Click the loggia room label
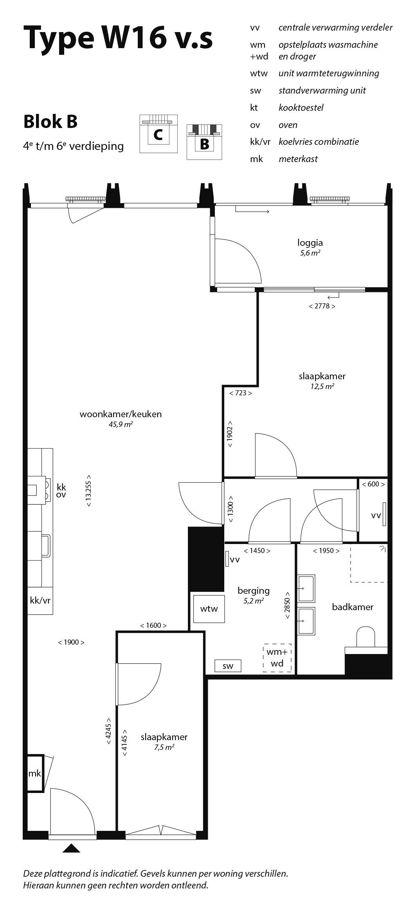(x=310, y=243)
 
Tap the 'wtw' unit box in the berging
(x=209, y=609)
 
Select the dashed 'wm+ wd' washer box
(x=277, y=658)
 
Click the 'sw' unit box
(x=228, y=666)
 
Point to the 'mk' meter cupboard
(x=35, y=773)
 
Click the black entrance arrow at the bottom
(x=71, y=848)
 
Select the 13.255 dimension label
(x=89, y=491)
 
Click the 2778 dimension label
(x=322, y=306)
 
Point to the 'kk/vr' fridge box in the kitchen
(x=40, y=600)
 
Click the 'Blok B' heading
(x=50, y=121)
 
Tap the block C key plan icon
(x=158, y=134)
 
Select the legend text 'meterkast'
(x=298, y=159)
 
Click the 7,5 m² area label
(x=164, y=747)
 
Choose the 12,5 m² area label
(x=322, y=386)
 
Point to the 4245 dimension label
(x=108, y=731)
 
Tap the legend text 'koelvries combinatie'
(x=319, y=142)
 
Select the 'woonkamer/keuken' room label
(x=121, y=414)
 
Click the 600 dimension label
(x=373, y=484)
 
